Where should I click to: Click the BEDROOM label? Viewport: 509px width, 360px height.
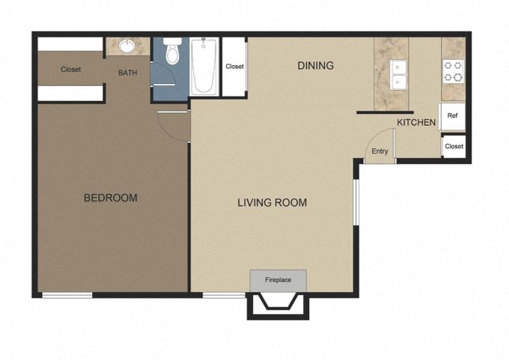[110, 198]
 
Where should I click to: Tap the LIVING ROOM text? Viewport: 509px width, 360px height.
[272, 202]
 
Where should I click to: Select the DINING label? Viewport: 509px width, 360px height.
[315, 66]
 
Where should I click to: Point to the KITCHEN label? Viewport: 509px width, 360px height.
[416, 122]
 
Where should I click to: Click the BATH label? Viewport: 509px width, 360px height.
[127, 73]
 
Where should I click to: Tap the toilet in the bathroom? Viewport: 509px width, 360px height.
[171, 53]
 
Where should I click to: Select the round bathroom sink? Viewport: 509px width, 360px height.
[127, 46]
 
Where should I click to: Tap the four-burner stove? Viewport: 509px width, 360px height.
[453, 70]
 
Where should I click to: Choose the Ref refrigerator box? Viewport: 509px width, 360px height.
[452, 116]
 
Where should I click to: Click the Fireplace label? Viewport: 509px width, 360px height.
[278, 280]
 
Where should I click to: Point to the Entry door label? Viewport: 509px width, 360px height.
[380, 152]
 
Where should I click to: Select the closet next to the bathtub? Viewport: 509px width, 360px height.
[234, 67]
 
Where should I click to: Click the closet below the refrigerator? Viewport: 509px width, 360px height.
[453, 146]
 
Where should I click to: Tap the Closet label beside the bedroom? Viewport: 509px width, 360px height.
[71, 70]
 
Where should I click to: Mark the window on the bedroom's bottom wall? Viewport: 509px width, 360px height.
[67, 295]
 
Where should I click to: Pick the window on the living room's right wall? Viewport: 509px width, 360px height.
[357, 202]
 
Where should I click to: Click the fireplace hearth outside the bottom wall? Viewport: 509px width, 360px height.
[278, 305]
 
